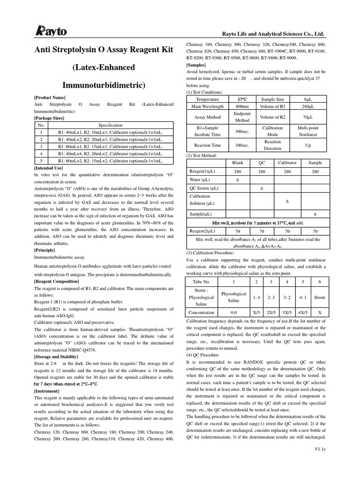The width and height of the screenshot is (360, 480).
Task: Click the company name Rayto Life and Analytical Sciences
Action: [272, 34]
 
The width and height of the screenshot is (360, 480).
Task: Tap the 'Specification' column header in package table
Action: [110, 126]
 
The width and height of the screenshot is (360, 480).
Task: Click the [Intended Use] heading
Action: [49, 167]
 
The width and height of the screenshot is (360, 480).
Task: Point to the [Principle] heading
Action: [45, 250]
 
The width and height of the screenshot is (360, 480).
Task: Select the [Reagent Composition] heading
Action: [57, 281]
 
